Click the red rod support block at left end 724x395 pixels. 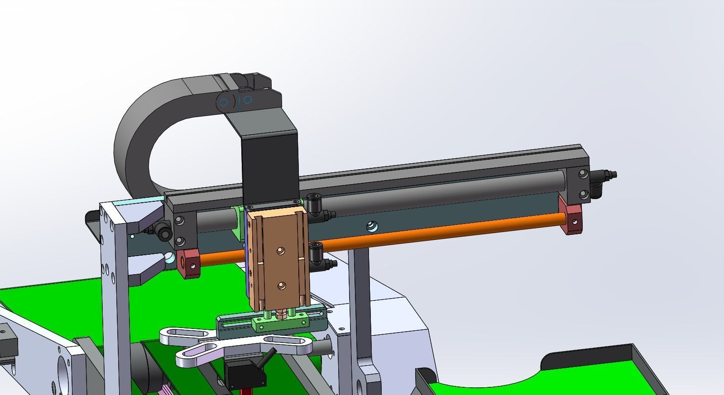click(x=189, y=264)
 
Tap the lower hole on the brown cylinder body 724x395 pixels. click(x=282, y=285)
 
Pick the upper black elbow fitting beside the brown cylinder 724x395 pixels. click(x=315, y=204)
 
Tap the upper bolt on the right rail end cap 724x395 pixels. click(x=584, y=174)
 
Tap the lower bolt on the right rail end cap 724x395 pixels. click(x=584, y=195)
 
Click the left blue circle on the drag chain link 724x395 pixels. click(x=224, y=102)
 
